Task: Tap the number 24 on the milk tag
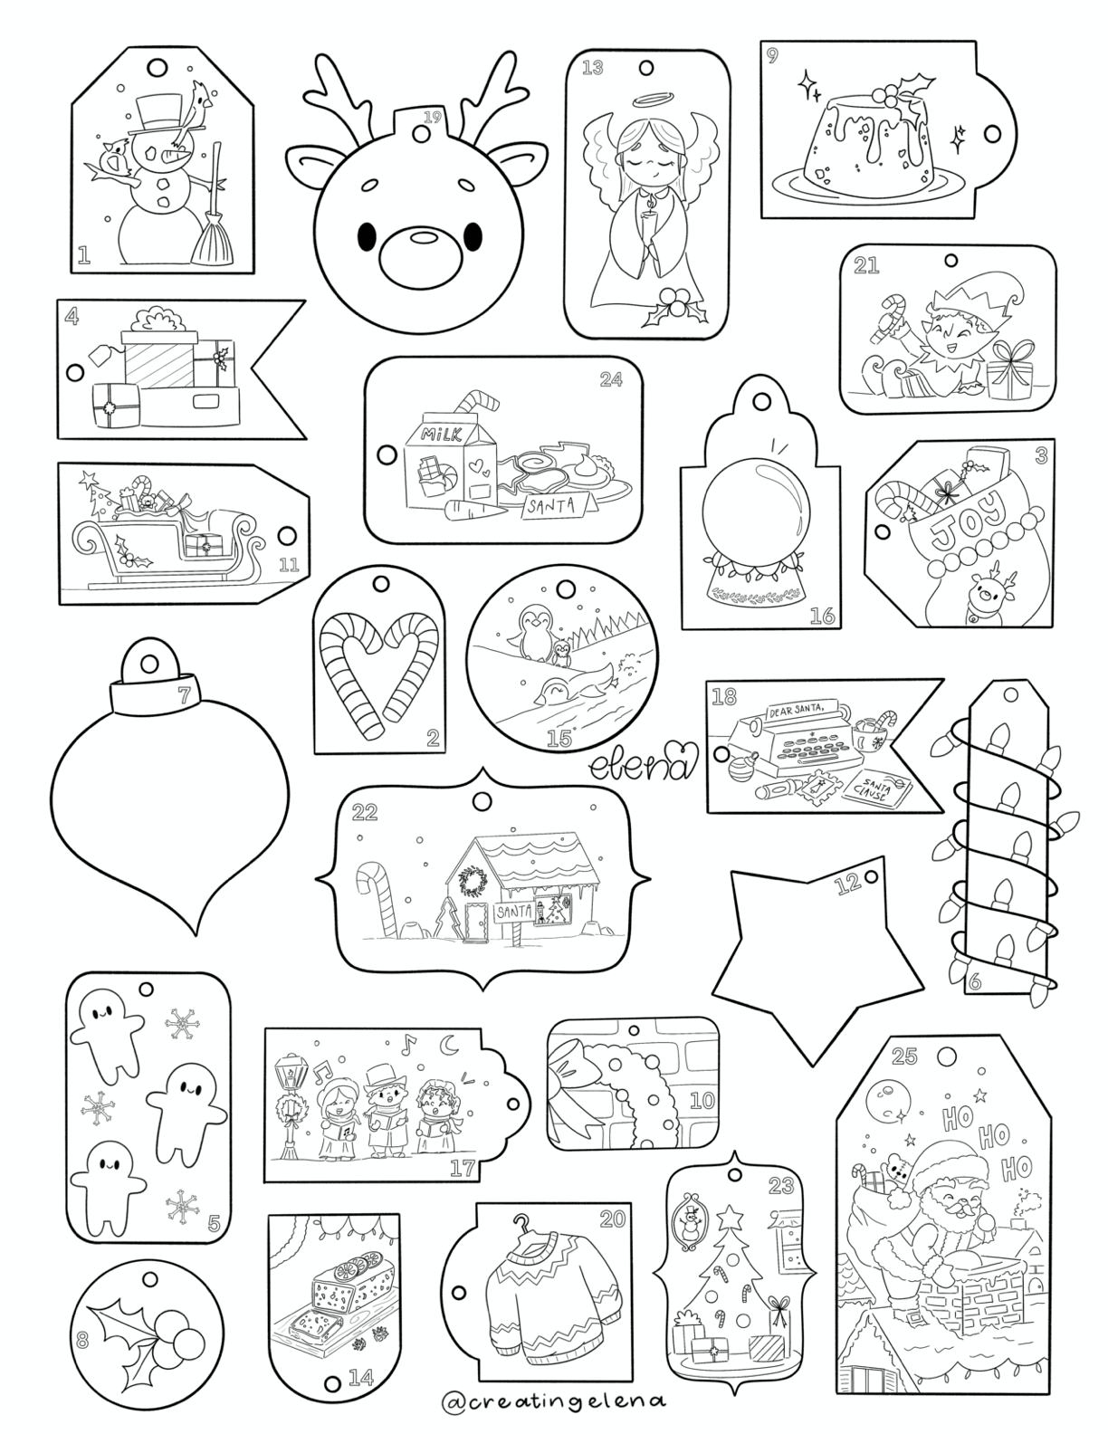pyautogui.click(x=612, y=379)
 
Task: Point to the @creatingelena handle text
pyautogui.click(x=554, y=1401)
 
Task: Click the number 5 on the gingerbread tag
pyautogui.click(x=214, y=1224)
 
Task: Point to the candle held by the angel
pyautogui.click(x=648, y=223)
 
